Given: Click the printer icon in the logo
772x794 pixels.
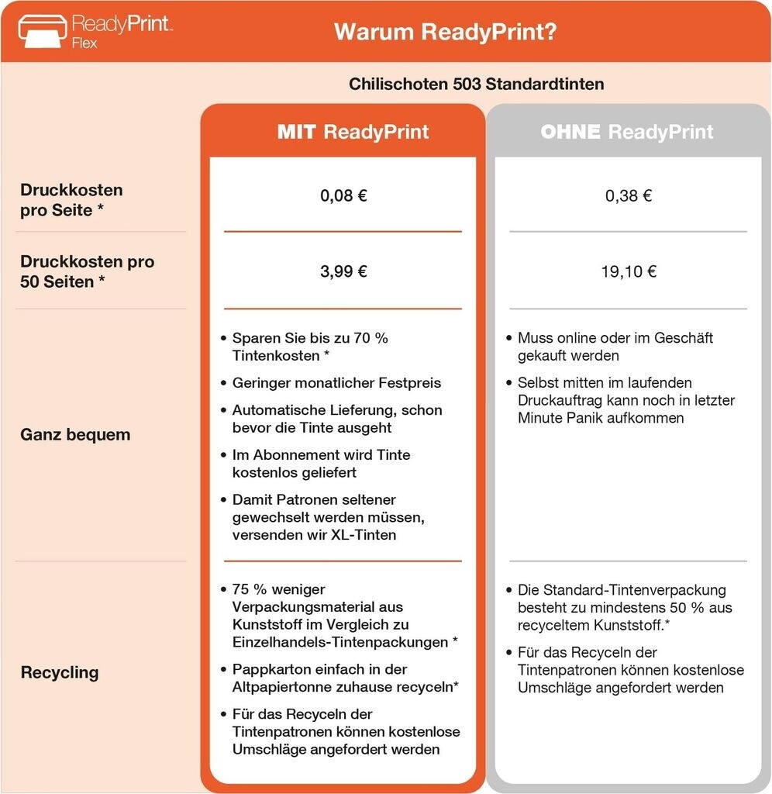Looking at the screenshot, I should click(x=41, y=30).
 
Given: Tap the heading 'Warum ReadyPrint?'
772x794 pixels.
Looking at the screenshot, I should click(x=446, y=32).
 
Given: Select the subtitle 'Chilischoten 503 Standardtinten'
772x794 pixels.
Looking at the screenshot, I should click(x=476, y=84).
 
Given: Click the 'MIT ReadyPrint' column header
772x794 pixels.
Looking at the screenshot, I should click(x=353, y=132).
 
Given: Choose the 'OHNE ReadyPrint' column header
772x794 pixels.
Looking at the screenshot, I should click(x=626, y=132).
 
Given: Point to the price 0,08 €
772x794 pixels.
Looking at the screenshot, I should click(x=343, y=195).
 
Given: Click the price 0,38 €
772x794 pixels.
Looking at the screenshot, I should click(x=629, y=195).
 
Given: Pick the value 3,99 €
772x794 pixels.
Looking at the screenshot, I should click(x=343, y=271).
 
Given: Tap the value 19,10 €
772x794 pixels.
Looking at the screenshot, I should click(x=629, y=271).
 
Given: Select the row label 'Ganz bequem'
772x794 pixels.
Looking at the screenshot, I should click(x=75, y=434).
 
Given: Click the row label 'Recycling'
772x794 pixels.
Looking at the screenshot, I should click(x=60, y=672).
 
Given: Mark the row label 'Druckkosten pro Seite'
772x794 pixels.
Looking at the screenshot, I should click(x=71, y=199).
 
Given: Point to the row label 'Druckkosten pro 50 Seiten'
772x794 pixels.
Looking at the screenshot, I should click(x=87, y=271).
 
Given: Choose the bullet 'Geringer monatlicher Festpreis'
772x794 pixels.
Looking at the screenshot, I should click(x=336, y=382).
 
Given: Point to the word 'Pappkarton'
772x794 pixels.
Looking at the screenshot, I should click(x=266, y=669).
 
